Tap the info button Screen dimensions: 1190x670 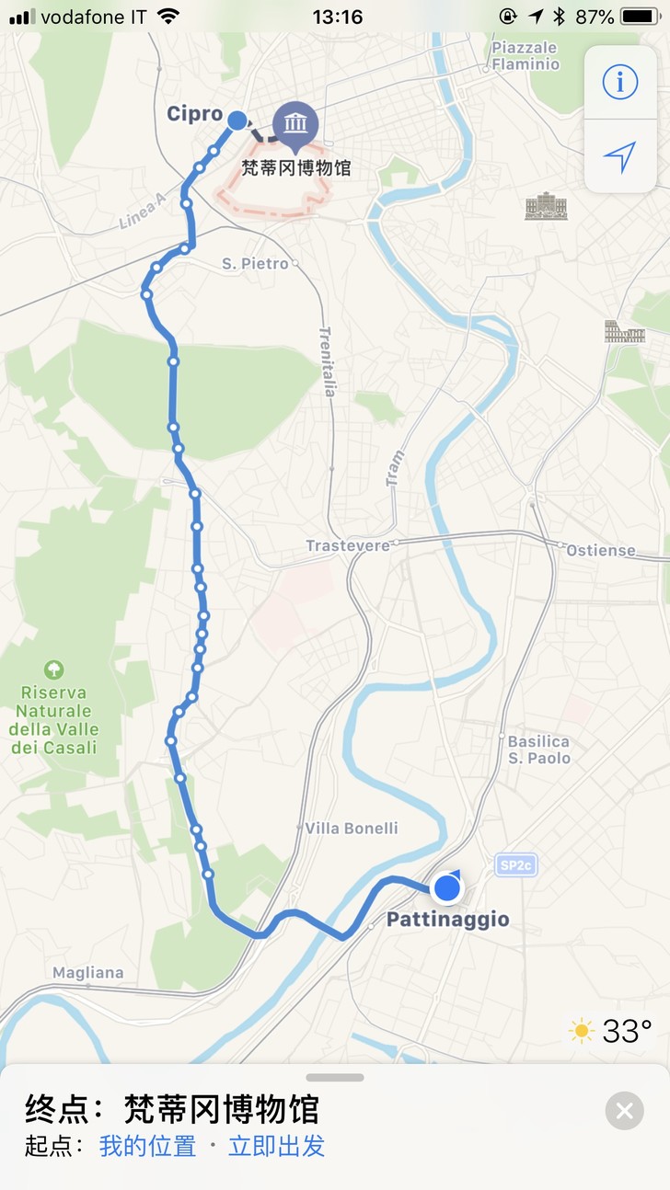click(619, 83)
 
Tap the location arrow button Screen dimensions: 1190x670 click(619, 156)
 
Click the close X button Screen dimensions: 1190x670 click(624, 1111)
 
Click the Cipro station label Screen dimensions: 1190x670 click(194, 114)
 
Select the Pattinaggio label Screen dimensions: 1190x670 click(447, 920)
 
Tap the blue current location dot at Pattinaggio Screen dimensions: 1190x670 click(447, 887)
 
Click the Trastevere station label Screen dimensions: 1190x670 click(348, 545)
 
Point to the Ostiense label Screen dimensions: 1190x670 click(601, 550)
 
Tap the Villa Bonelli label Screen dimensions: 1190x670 click(352, 828)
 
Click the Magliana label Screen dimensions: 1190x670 click(87, 972)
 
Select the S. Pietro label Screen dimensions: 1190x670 click(254, 264)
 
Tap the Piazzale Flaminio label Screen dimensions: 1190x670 click(526, 56)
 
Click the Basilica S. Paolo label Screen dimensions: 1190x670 click(539, 749)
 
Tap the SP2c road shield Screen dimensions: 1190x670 click(515, 864)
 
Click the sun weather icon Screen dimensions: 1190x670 click(582, 1030)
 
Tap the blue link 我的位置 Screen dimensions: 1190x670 click(147, 1146)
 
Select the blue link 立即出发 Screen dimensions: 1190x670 click(276, 1146)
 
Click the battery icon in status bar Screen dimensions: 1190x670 click(640, 17)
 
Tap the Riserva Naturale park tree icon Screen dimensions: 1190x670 click(53, 669)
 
